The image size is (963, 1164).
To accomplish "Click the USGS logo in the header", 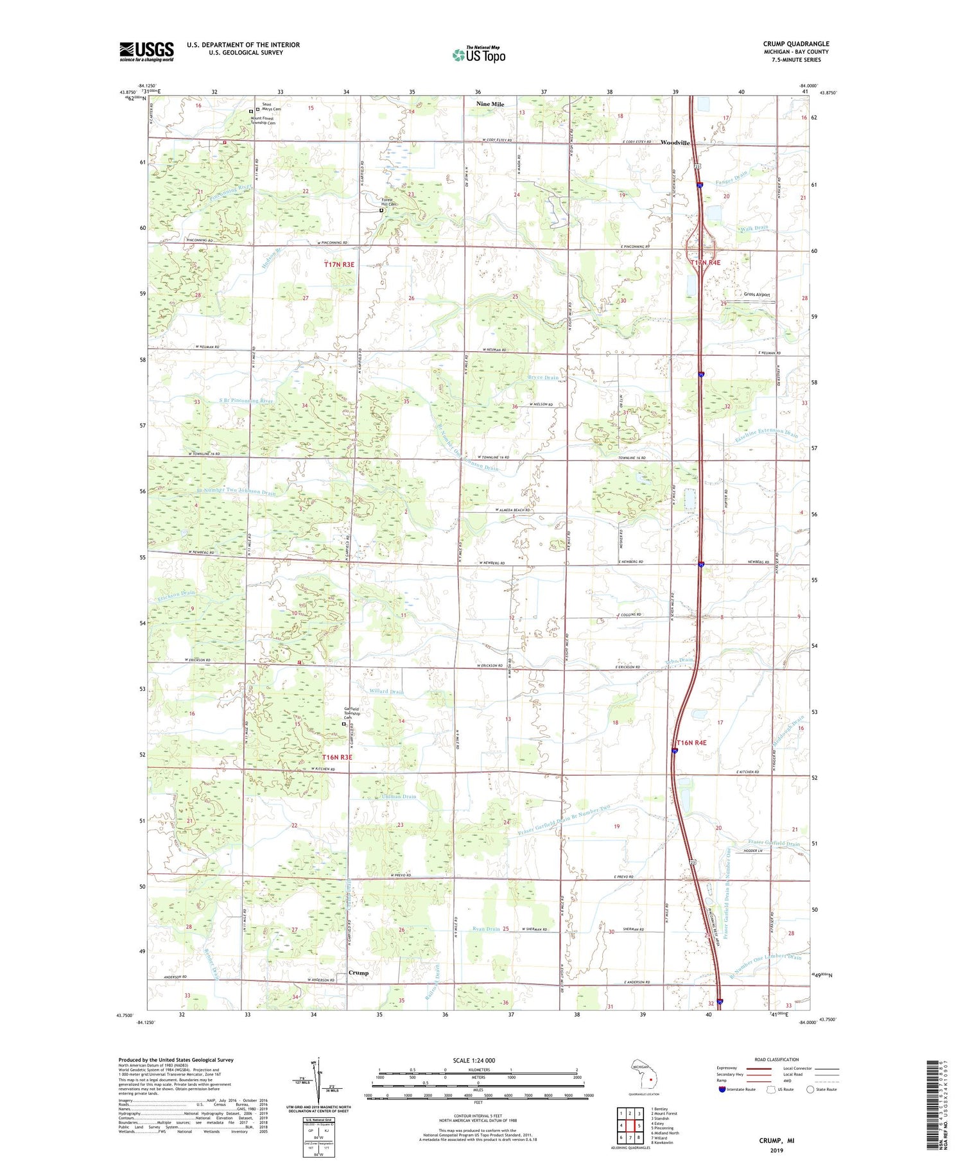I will (x=146, y=51).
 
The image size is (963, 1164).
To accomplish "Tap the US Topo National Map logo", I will (x=478, y=55).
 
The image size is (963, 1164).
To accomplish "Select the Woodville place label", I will (x=675, y=143).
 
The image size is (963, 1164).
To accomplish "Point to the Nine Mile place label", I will (x=490, y=103).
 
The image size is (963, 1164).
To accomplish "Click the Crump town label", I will (x=358, y=973).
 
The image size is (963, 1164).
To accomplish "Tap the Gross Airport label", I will (x=756, y=295).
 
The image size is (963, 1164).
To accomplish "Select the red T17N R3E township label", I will (x=339, y=265).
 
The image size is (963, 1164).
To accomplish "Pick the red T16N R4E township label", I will (x=691, y=743).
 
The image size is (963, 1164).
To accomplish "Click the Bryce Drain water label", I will (x=543, y=378).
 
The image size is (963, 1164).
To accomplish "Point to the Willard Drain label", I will (x=387, y=691).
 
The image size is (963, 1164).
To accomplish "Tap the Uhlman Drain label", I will (x=399, y=797).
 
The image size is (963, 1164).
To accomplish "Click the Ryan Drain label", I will (x=486, y=929).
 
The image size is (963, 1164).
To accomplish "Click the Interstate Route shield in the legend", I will (x=722, y=1090).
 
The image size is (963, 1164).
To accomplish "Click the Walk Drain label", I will (x=754, y=229).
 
